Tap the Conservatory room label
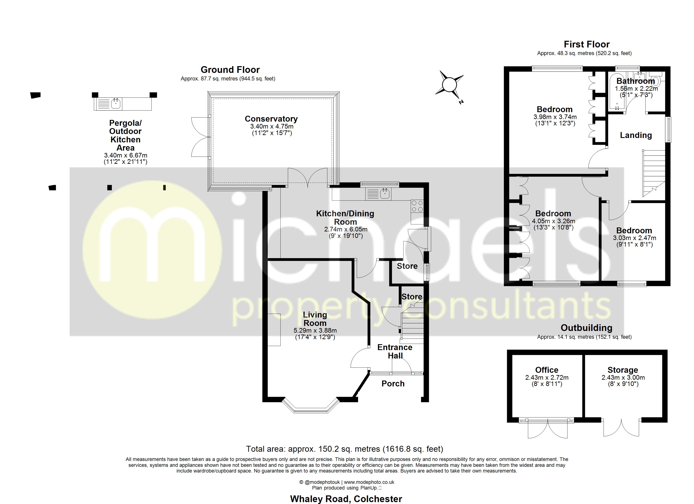click(271, 119)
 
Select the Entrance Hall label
click(395, 352)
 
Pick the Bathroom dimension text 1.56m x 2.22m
click(636, 89)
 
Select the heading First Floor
click(587, 44)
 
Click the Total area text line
click(344, 449)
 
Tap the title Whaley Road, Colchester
click(346, 499)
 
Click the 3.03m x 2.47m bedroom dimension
click(634, 238)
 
